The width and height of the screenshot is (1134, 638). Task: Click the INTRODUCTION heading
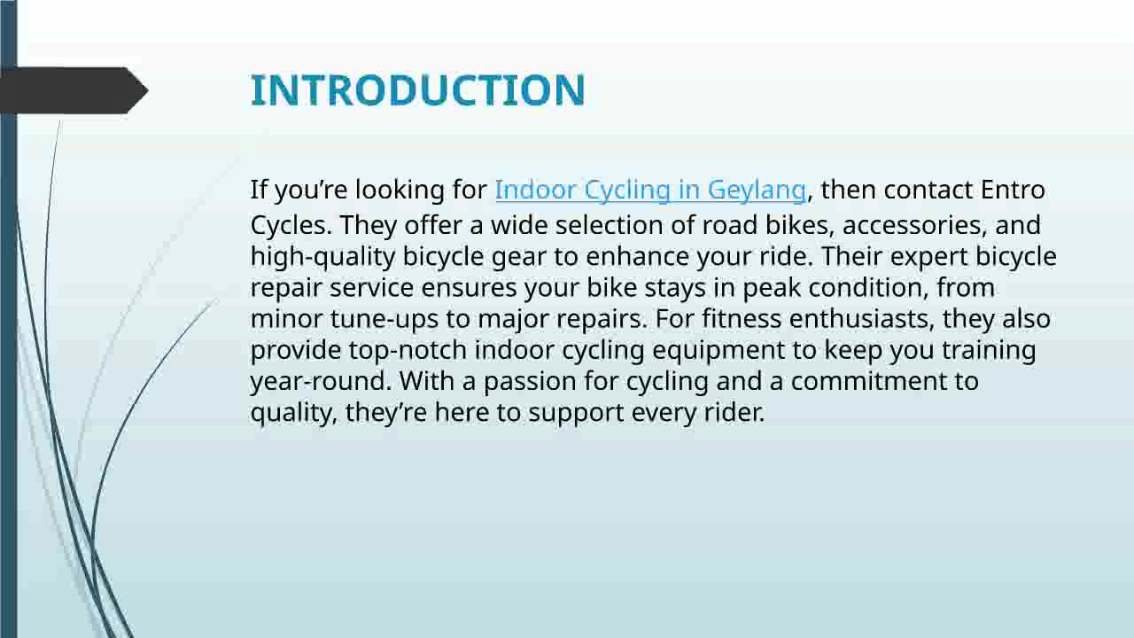click(x=417, y=90)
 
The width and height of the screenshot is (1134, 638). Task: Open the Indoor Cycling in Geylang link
click(x=649, y=190)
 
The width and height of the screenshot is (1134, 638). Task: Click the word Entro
click(x=1013, y=190)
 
